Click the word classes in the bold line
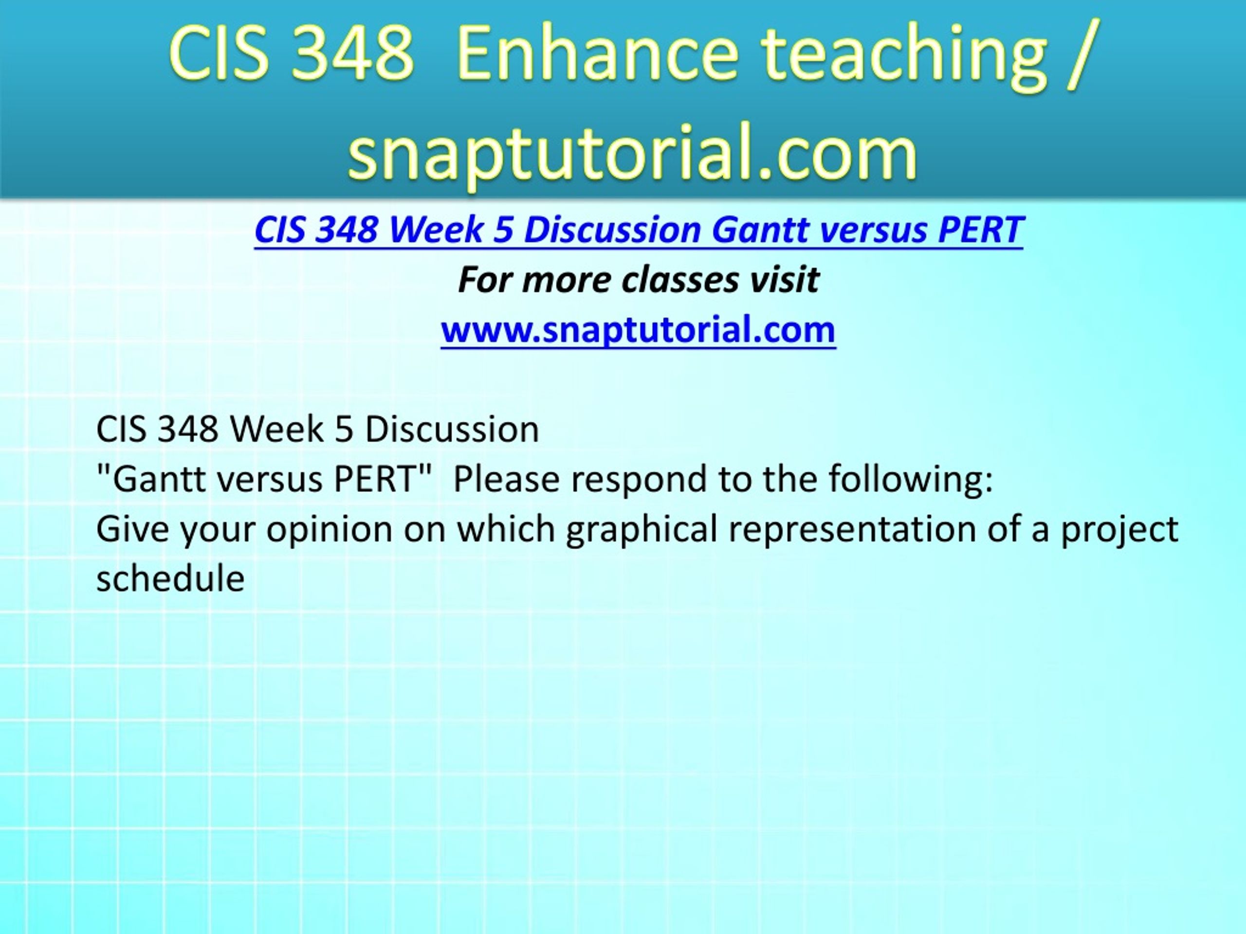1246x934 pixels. coord(680,280)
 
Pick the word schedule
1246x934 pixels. coord(171,579)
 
